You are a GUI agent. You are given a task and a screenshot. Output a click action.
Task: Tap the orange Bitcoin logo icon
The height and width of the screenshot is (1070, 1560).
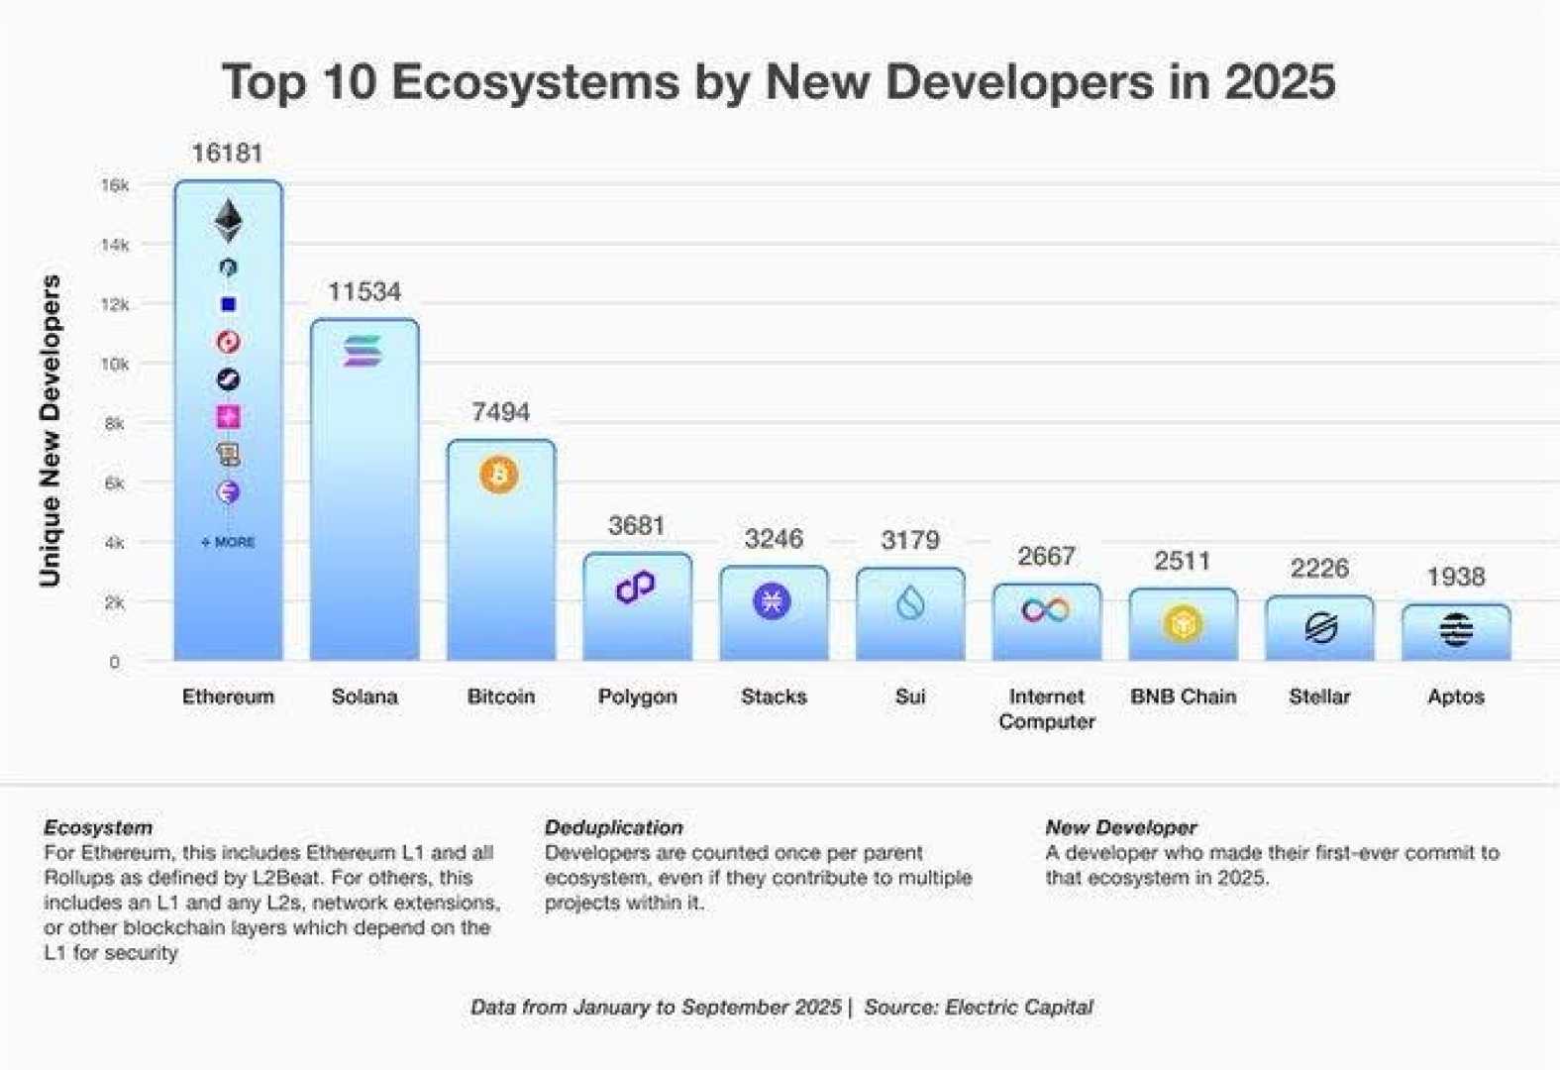click(x=499, y=476)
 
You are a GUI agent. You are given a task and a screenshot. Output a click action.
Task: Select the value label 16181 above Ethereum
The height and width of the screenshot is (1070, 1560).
click(x=227, y=153)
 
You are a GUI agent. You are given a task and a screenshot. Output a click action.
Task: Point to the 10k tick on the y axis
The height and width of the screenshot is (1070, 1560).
click(x=114, y=364)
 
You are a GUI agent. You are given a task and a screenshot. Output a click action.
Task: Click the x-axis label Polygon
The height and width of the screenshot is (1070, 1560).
click(x=637, y=696)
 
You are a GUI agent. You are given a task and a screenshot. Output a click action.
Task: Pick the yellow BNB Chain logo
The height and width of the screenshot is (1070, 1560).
click(x=1183, y=624)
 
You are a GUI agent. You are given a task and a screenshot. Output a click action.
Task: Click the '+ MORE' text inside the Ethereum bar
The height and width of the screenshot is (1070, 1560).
click(x=229, y=542)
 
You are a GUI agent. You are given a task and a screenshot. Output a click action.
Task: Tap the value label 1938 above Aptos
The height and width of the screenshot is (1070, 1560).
click(x=1455, y=577)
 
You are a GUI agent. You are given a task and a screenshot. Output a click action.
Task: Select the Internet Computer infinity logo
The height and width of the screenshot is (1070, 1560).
click(x=1046, y=609)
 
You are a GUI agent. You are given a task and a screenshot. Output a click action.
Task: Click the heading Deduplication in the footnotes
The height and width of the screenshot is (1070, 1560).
click(x=613, y=827)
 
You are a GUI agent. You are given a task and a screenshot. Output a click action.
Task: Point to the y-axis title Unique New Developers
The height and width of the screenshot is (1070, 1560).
click(x=50, y=430)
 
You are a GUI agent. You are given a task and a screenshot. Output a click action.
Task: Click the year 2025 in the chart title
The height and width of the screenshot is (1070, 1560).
click(x=1280, y=81)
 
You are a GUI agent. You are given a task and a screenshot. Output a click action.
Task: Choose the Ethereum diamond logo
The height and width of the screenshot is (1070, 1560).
click(x=228, y=221)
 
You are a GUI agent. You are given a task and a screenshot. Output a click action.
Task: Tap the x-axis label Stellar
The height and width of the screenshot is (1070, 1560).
click(x=1318, y=696)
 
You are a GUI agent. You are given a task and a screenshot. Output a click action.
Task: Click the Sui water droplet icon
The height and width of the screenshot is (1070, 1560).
click(x=910, y=601)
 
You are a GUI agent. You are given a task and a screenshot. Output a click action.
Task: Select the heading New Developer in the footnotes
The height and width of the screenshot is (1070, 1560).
click(x=1120, y=827)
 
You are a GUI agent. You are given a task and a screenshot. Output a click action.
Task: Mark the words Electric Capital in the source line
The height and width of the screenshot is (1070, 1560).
click(x=1018, y=1007)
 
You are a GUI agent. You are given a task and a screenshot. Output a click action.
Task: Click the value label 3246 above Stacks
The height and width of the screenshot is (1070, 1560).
click(x=774, y=539)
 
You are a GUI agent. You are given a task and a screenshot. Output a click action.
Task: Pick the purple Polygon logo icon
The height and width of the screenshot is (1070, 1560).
click(x=636, y=587)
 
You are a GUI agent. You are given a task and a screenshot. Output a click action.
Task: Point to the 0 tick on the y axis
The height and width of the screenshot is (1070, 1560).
click(x=115, y=662)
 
